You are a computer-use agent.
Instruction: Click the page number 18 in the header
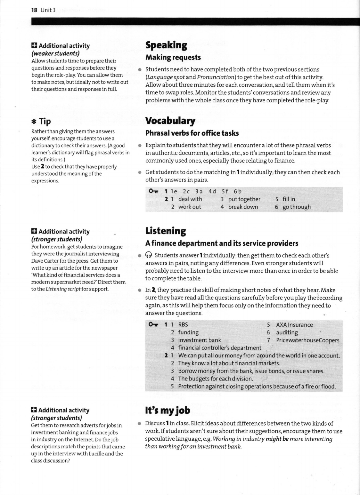coord(34,10)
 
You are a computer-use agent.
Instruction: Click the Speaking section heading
coord(166,45)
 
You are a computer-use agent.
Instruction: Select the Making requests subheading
coord(173,58)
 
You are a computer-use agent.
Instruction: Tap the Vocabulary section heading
coord(170,121)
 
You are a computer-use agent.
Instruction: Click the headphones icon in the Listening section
coord(149,255)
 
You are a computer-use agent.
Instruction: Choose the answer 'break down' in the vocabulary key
coord(243,207)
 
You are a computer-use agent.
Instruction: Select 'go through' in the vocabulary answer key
coord(296,207)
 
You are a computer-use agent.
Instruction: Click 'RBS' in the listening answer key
coord(183,325)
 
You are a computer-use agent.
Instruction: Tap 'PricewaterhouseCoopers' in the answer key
coord(307,340)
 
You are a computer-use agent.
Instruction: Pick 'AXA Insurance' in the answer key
coord(294,325)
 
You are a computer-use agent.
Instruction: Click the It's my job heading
coord(168,410)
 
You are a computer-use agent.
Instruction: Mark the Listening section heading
coord(165,231)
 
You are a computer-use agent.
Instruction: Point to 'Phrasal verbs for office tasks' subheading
coord(192,133)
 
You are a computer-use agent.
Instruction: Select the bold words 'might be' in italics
coord(277,439)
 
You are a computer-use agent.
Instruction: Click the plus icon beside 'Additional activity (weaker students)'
coord(34,46)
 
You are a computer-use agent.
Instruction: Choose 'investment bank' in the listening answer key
coord(199,340)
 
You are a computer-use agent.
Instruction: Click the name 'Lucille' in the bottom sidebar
coord(96,454)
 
